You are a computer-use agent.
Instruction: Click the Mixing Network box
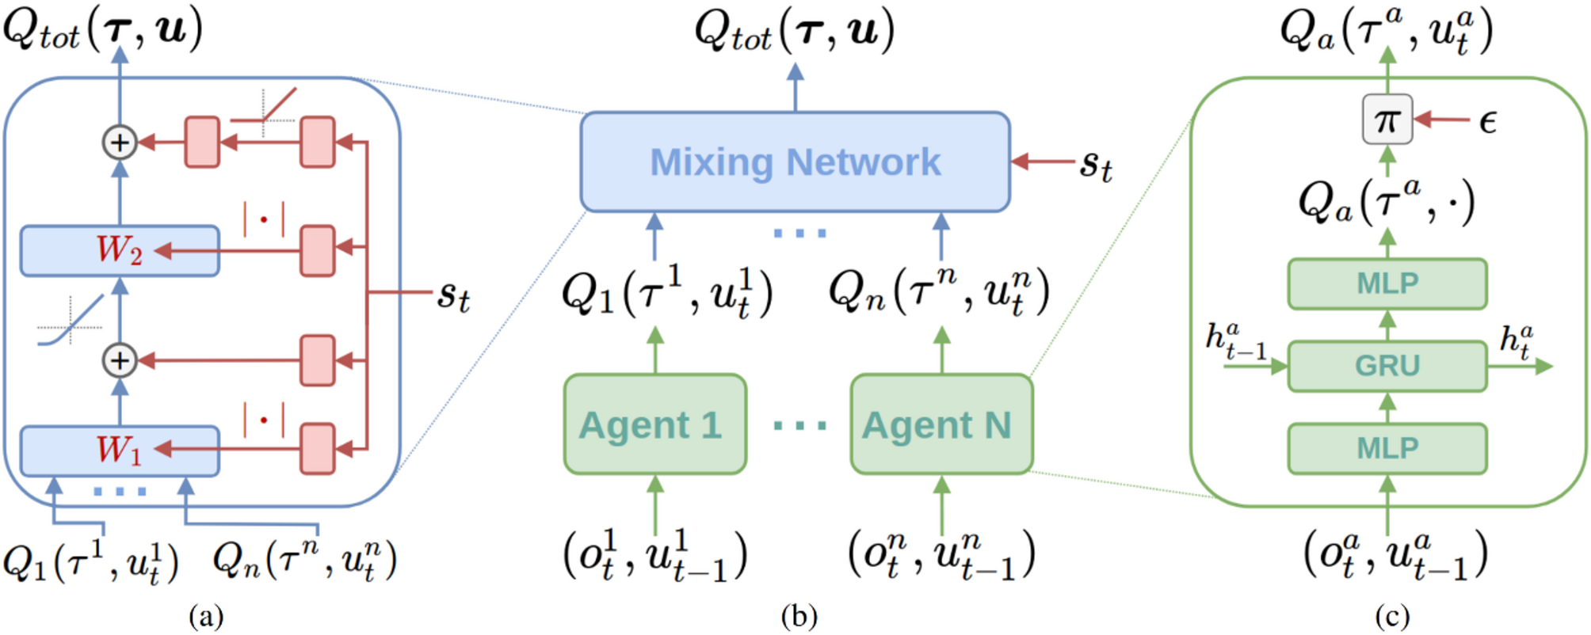[x=795, y=162]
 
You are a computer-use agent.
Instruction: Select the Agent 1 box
[x=654, y=424]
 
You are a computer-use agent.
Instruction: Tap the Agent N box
[x=941, y=424]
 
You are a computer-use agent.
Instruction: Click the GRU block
[x=1387, y=366]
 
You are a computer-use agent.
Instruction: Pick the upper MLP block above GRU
[x=1387, y=283]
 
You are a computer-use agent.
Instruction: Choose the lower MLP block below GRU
[x=1387, y=448]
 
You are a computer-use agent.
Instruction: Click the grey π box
[x=1387, y=120]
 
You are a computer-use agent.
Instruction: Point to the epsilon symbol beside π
[x=1488, y=122]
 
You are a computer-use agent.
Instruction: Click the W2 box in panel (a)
[x=119, y=251]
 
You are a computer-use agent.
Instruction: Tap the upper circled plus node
[x=120, y=143]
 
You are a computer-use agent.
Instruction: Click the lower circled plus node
[x=120, y=361]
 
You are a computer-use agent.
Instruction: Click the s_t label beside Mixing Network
[x=1096, y=165]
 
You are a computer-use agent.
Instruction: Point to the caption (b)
[x=798, y=616]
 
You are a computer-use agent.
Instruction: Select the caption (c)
[x=1392, y=616]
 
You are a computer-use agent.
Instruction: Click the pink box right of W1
[x=318, y=449]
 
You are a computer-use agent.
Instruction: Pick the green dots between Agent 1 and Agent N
[x=799, y=426]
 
